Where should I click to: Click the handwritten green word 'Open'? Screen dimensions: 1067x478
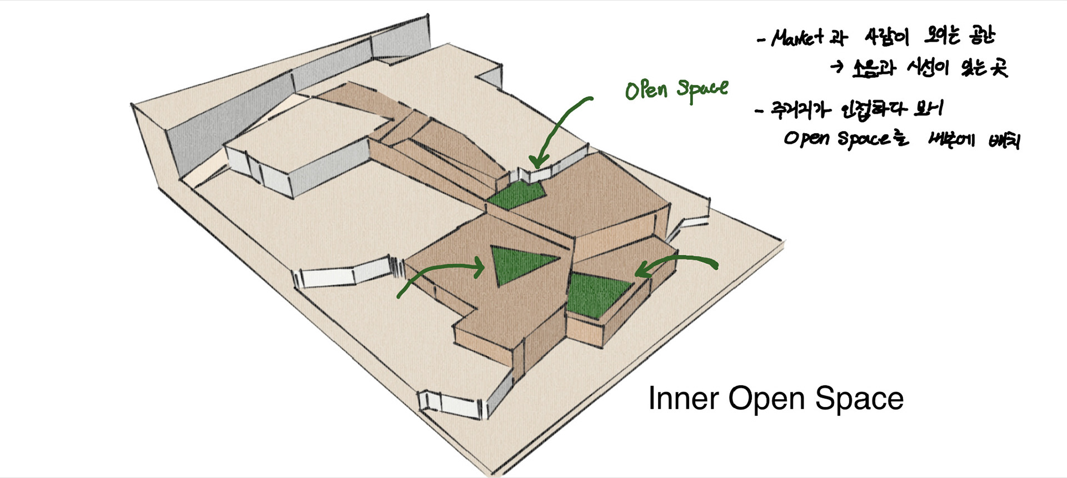pos(646,90)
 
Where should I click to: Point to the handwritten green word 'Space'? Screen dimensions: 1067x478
pos(702,90)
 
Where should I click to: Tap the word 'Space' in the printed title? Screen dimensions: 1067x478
pos(859,399)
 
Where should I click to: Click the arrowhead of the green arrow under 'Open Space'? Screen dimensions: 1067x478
pos(535,163)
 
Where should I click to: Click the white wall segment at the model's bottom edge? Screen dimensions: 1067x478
pos(447,405)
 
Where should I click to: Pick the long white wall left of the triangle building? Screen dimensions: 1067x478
pos(345,273)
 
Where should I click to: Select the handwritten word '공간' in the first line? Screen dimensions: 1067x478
pos(979,36)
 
